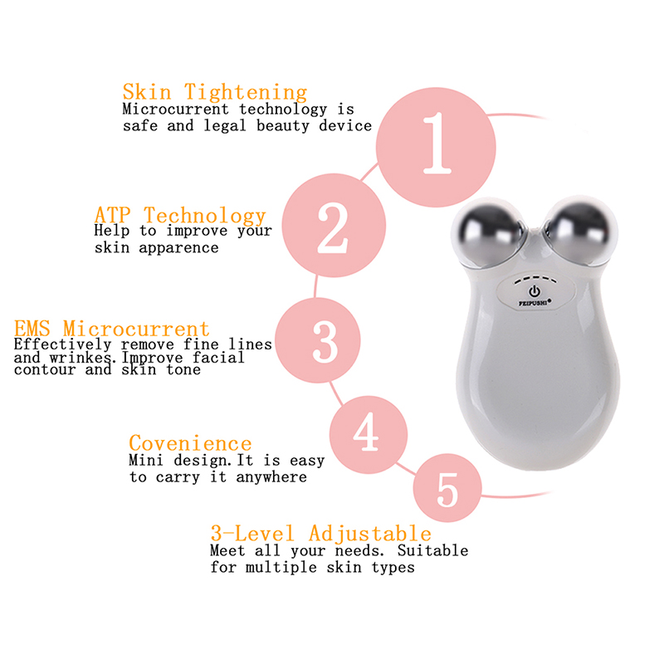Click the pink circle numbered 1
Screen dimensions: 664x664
coord(436,147)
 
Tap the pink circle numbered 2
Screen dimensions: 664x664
coord(334,225)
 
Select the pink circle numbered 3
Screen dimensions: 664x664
coord(318,340)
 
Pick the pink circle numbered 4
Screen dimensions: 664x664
coord(369,434)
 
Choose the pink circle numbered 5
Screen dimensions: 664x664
coord(447,488)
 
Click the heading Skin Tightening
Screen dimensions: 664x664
coord(215,92)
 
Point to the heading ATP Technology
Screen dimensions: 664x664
coord(180,215)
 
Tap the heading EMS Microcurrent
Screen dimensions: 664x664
coord(112,329)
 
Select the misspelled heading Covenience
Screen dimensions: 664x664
coord(190,443)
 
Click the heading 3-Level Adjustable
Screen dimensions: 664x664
coord(321,533)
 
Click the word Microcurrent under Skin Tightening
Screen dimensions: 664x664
coord(175,110)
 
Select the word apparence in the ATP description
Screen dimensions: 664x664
coord(178,248)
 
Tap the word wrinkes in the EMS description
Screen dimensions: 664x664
coord(81,358)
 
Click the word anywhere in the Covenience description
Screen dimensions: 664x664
coord(271,477)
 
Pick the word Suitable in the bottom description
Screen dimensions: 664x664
coord(432,550)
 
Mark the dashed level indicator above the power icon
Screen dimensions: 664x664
coord(535,280)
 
